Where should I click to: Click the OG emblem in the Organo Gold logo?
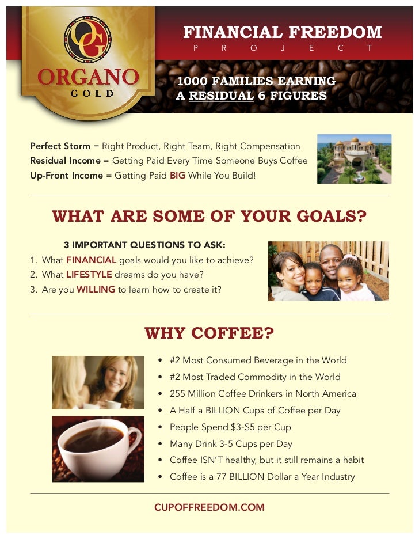88,39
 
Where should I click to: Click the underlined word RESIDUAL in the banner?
221,96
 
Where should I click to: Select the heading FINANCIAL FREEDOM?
282,32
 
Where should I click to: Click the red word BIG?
177,175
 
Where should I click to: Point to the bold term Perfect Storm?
60,146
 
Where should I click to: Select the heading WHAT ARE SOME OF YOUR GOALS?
209,216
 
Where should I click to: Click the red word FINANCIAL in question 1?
91,260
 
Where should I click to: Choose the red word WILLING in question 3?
96,290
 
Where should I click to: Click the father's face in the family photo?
332,260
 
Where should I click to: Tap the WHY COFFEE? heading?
209,333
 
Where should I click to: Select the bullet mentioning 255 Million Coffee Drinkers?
262,394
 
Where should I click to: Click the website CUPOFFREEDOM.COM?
209,507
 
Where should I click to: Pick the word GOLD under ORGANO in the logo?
88,93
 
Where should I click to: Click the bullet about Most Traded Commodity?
254,377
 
